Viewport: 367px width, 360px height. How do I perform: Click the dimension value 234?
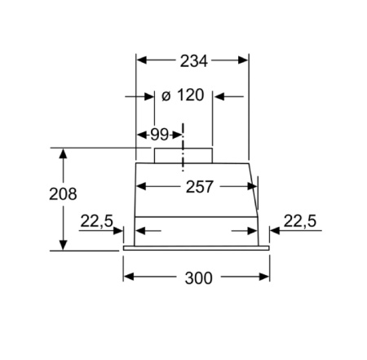point(193,60)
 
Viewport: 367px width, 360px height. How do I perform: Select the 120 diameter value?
point(189,96)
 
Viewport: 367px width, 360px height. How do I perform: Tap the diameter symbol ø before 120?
point(166,96)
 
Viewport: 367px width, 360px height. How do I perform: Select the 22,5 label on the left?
point(96,220)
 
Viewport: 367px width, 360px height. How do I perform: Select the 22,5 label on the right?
point(298,220)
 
